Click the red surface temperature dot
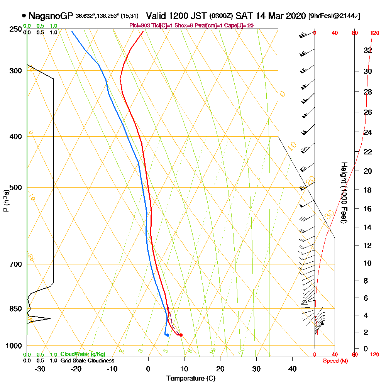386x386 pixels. pyautogui.click(x=181, y=335)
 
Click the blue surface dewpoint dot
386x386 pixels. pyautogui.click(x=167, y=335)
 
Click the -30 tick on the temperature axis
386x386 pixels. pyautogui.click(x=40, y=369)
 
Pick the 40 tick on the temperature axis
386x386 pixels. pyautogui.click(x=292, y=369)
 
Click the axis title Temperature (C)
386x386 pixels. pyautogui.click(x=191, y=379)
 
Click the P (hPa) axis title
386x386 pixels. pyautogui.click(x=6, y=200)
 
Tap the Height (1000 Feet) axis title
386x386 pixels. pyautogui.click(x=343, y=193)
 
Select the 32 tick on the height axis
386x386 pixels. pyautogui.click(x=367, y=50)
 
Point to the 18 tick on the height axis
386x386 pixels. pyautogui.click(x=367, y=190)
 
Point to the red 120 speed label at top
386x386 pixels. pyautogui.click(x=374, y=33)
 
